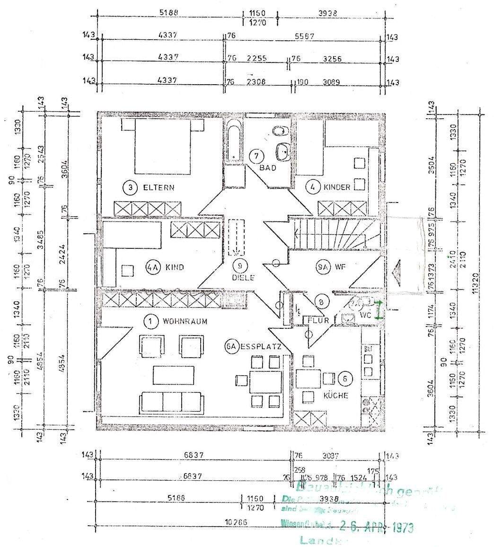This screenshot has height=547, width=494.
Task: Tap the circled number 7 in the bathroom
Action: [x=256, y=155]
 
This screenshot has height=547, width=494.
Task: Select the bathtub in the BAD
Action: [x=233, y=141]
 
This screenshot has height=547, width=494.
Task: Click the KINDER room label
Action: [x=337, y=187]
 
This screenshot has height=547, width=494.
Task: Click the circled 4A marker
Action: [x=151, y=267]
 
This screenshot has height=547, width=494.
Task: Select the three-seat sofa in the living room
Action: [x=172, y=402]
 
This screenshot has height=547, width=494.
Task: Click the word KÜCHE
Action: [x=336, y=395]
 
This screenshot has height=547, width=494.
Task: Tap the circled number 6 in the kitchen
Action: [x=345, y=378]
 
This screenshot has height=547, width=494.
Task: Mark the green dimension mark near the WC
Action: [x=379, y=309]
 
